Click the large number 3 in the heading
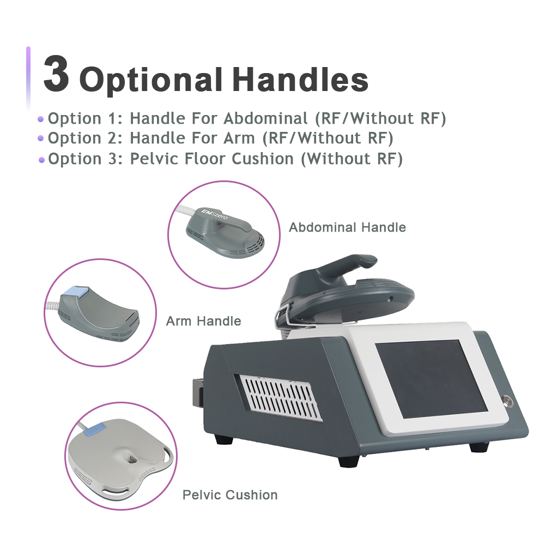[57, 74]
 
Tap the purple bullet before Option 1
[40, 119]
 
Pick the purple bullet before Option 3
[41, 160]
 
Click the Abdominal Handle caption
[347, 227]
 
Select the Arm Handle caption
[203, 321]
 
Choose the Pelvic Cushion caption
[230, 495]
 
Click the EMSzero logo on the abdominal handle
[216, 217]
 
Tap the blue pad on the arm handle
[75, 293]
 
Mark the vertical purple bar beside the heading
[28, 76]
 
